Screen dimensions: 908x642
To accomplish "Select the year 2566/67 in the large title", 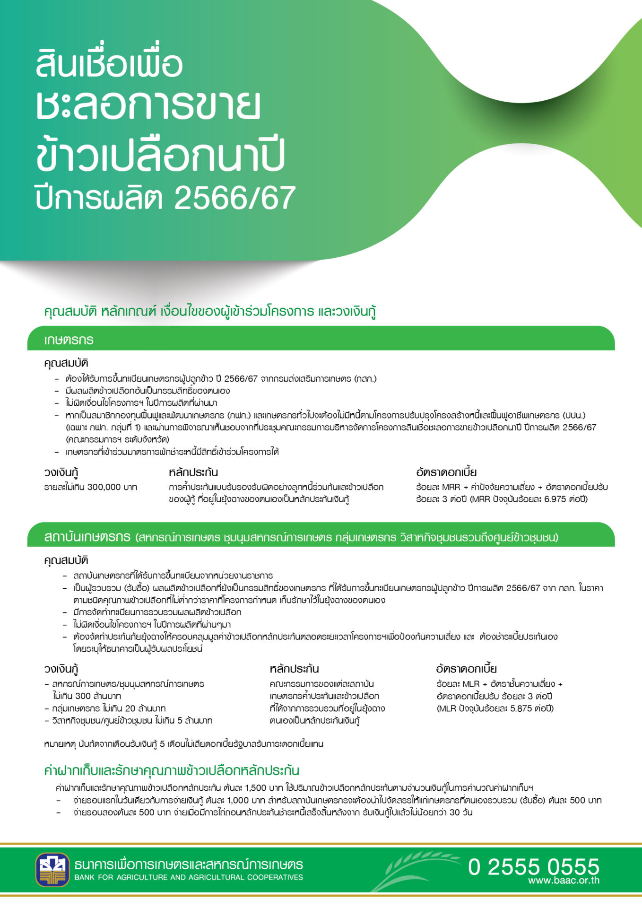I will pyautogui.click(x=235, y=198).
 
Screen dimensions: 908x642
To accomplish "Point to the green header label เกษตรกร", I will pyautogui.click(x=69, y=340).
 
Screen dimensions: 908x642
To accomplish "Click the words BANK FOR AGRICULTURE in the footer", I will pyautogui.click(x=117, y=878).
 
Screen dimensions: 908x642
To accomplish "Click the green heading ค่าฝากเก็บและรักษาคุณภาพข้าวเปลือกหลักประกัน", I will pyautogui.click(x=172, y=771).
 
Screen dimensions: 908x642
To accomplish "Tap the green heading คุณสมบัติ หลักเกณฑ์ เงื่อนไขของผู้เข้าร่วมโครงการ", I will pyautogui.click(x=210, y=312).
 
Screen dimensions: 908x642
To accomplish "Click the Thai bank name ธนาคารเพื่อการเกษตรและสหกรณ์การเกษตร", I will pyautogui.click(x=189, y=865).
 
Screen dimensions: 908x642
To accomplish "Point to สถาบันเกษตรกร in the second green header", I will pyautogui.click(x=87, y=537).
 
